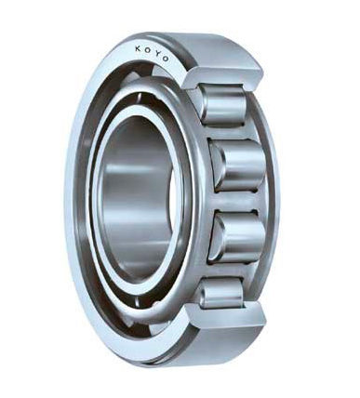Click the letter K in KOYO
pyautogui.click(x=138, y=48)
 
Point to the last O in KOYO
pyautogui.click(x=166, y=59)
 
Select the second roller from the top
pyautogui.click(x=238, y=166)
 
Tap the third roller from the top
pyautogui.click(x=238, y=237)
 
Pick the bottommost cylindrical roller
pyautogui.click(x=221, y=294)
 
